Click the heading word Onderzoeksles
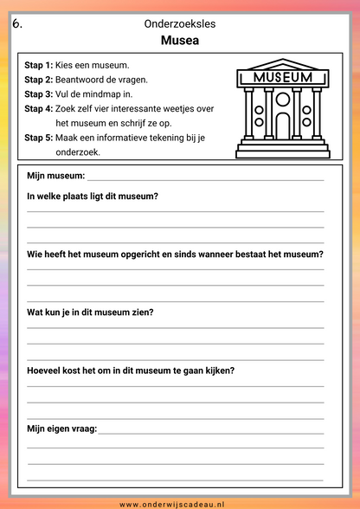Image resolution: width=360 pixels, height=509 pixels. tap(180, 24)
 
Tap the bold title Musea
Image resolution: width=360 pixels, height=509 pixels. tap(180, 41)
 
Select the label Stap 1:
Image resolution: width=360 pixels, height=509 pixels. tap(38, 65)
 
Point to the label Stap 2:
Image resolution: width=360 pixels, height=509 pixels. tap(38, 80)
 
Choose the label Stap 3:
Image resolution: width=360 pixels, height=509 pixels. tap(38, 93)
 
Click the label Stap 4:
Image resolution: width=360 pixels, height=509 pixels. tap(38, 108)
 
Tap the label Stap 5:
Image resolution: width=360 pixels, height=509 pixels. tap(38, 137)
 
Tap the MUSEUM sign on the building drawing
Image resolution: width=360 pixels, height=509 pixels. tap(283, 77)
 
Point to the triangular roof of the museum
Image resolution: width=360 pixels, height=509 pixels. tap(283, 63)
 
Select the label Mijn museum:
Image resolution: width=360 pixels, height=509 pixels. tap(56, 176)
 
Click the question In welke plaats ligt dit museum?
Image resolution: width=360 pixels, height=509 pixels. tap(93, 196)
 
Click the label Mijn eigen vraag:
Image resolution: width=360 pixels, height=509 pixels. tap(62, 428)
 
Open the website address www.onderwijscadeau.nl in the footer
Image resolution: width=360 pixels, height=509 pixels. tap(179, 503)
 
